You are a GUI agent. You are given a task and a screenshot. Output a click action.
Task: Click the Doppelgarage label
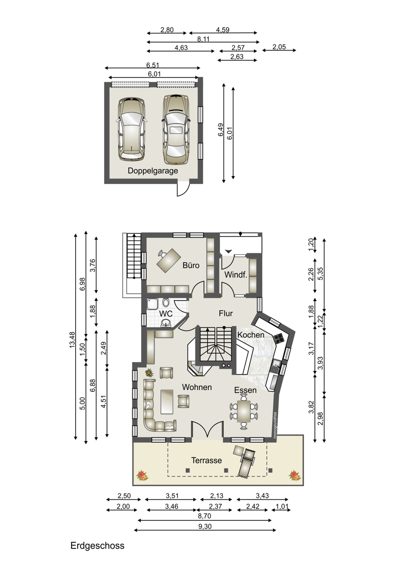pos(153,171)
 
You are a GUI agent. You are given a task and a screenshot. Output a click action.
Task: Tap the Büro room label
pos(191,265)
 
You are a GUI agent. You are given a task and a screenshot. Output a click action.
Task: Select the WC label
pos(166,314)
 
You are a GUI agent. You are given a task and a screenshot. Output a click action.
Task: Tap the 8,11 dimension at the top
pos(203,39)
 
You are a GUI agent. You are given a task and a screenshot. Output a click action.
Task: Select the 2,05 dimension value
pos(279,47)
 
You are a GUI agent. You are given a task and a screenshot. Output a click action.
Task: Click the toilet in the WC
pos(166,302)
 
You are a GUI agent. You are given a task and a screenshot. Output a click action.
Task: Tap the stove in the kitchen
pos(279,339)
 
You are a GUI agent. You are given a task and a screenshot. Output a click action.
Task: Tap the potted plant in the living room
pos(149,373)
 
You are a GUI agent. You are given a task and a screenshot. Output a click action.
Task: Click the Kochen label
pos(251,335)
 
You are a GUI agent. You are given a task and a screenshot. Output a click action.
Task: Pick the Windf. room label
pos(236,275)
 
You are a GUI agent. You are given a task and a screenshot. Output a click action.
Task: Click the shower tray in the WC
pos(152,304)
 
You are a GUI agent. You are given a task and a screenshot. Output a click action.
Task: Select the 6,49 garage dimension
pos(220,130)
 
